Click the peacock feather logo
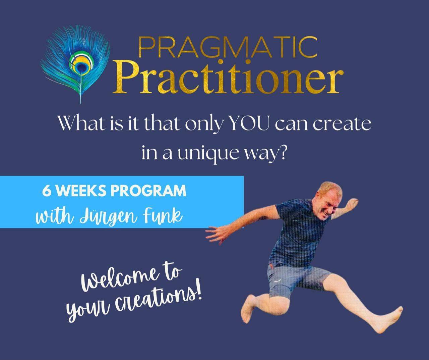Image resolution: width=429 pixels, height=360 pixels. click(x=75, y=64)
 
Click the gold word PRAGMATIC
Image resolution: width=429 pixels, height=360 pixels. click(x=228, y=47)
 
